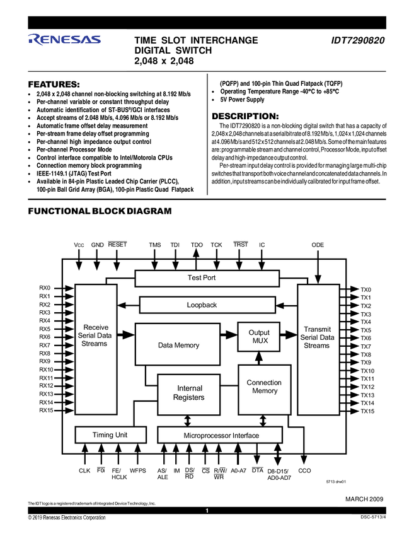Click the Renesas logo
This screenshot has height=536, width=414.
tap(64, 40)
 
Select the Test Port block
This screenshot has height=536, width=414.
tap(207, 278)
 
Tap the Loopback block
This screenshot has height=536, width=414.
tap(207, 305)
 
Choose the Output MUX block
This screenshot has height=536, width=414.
tap(258, 337)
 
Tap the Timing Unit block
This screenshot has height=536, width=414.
tap(110, 435)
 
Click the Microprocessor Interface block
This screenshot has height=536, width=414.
tap(212, 435)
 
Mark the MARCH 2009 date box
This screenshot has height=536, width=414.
tap(364, 499)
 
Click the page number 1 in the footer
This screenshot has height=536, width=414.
tap(207, 510)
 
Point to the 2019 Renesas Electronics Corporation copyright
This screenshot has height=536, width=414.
tap(67, 518)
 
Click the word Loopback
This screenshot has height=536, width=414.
tap(202, 305)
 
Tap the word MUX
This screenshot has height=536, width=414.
tap(259, 341)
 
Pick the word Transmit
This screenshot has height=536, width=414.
tap(317, 329)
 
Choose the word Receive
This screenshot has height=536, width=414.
tap(96, 327)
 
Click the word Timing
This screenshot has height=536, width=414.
tap(103, 435)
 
